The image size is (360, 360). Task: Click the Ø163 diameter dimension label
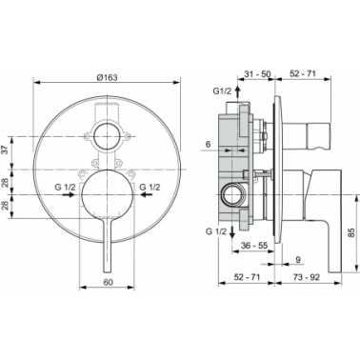click(107, 77)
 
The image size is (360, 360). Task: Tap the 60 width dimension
click(108, 282)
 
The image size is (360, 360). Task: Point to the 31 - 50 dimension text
click(257, 74)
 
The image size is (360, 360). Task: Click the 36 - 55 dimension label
click(254, 245)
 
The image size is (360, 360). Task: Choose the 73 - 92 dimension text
click(307, 277)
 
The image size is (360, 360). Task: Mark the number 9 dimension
click(298, 259)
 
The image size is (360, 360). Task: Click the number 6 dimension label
click(208, 144)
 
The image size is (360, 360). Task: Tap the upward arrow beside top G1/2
click(238, 91)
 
